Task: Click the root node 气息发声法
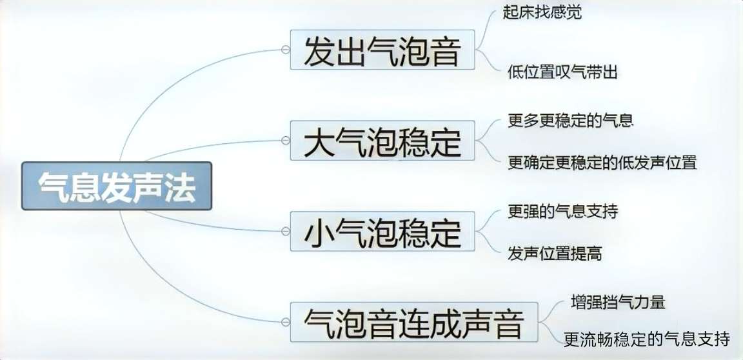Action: [x=117, y=186]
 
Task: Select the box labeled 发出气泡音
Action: [x=382, y=50]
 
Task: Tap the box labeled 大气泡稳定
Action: [x=382, y=140]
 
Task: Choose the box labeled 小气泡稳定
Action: [x=382, y=231]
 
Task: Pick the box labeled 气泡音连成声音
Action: [x=414, y=322]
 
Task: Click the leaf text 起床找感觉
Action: [x=542, y=12]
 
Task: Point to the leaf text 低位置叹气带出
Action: [x=562, y=72]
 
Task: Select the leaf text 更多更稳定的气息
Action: [x=571, y=120]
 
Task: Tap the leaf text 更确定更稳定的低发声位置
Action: [x=602, y=163]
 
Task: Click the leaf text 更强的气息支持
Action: [x=563, y=211]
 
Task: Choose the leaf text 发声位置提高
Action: [x=555, y=254]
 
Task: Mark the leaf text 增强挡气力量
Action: [x=618, y=302]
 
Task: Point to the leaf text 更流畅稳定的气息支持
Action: [x=647, y=339]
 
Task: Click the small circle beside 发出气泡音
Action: [x=285, y=50]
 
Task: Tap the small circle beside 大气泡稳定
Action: [x=285, y=140]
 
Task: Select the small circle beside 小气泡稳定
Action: [x=285, y=231]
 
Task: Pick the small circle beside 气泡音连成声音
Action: [x=285, y=322]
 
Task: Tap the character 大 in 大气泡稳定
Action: [x=319, y=141]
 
